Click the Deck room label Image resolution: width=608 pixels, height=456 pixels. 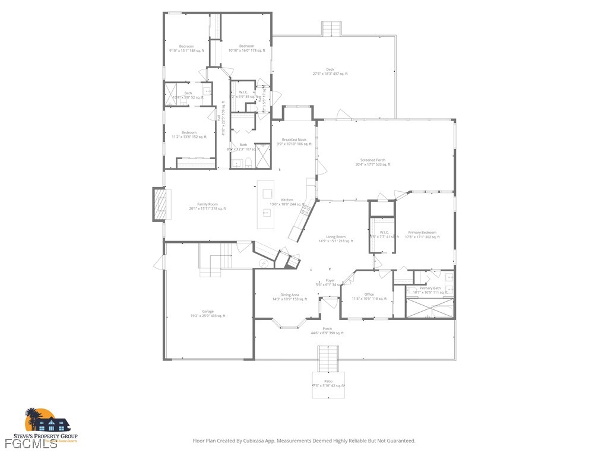point(330,69)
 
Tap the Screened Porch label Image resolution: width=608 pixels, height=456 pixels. point(373,160)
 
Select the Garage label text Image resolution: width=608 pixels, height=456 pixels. point(208,311)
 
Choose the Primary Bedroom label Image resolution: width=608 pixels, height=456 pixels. point(422,233)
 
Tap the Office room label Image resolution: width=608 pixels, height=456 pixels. point(369,294)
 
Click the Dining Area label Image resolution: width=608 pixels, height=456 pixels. point(290,294)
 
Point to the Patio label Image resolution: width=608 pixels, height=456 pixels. point(328,381)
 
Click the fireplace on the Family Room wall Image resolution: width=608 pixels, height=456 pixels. point(159,204)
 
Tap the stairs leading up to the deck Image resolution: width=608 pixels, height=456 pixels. point(331,28)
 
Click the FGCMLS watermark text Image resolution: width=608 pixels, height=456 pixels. point(31,444)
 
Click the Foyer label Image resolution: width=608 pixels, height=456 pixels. point(330,280)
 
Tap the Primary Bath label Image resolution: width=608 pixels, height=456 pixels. point(430,288)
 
